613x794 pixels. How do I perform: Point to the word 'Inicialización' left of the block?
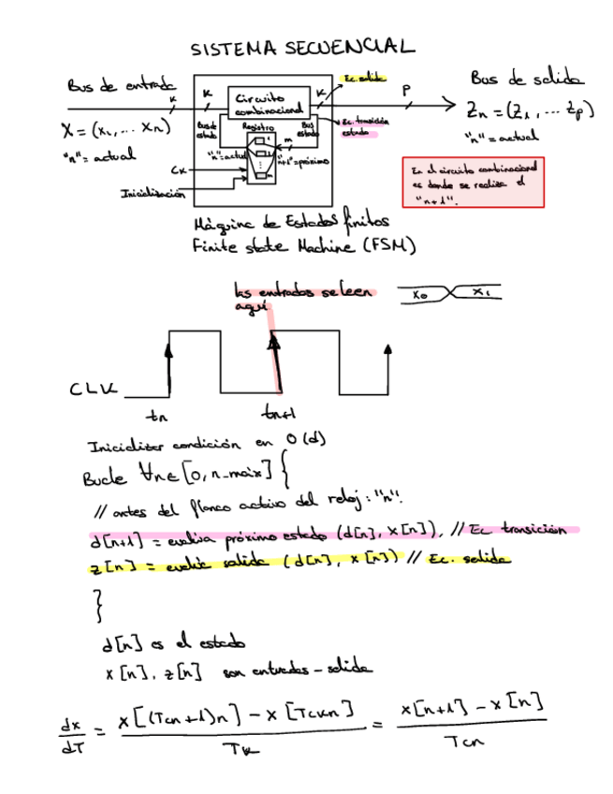point(149,194)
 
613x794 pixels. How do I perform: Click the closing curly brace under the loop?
point(98,609)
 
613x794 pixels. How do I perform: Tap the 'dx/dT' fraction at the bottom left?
point(71,736)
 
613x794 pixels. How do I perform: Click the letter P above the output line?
point(406,91)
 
